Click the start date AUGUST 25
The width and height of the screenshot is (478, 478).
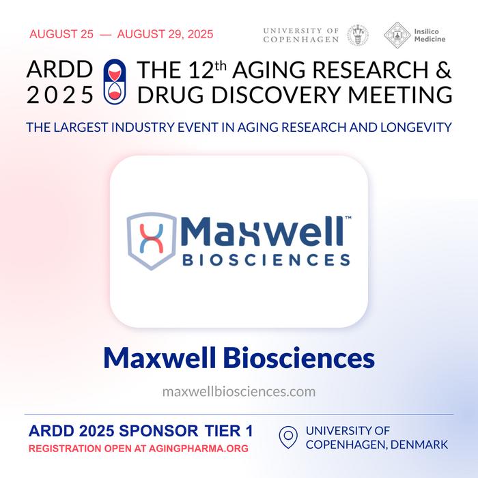click(61, 34)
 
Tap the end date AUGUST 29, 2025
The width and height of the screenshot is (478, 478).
click(165, 34)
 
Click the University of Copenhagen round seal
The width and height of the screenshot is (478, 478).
click(358, 35)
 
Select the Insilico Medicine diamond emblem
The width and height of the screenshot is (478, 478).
click(397, 35)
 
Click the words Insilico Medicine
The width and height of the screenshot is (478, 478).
click(430, 35)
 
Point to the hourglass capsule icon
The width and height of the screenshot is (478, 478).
click(115, 81)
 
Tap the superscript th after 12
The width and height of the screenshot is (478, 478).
click(221, 66)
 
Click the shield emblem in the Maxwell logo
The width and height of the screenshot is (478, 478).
click(152, 241)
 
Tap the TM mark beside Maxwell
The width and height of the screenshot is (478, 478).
click(348, 218)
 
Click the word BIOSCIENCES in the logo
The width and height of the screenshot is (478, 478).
click(266, 260)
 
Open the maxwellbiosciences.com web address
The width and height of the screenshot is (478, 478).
click(239, 391)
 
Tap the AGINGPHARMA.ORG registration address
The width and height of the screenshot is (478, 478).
click(199, 449)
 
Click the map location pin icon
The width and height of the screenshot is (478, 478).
click(288, 437)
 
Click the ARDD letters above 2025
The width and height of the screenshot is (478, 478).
click(59, 69)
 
